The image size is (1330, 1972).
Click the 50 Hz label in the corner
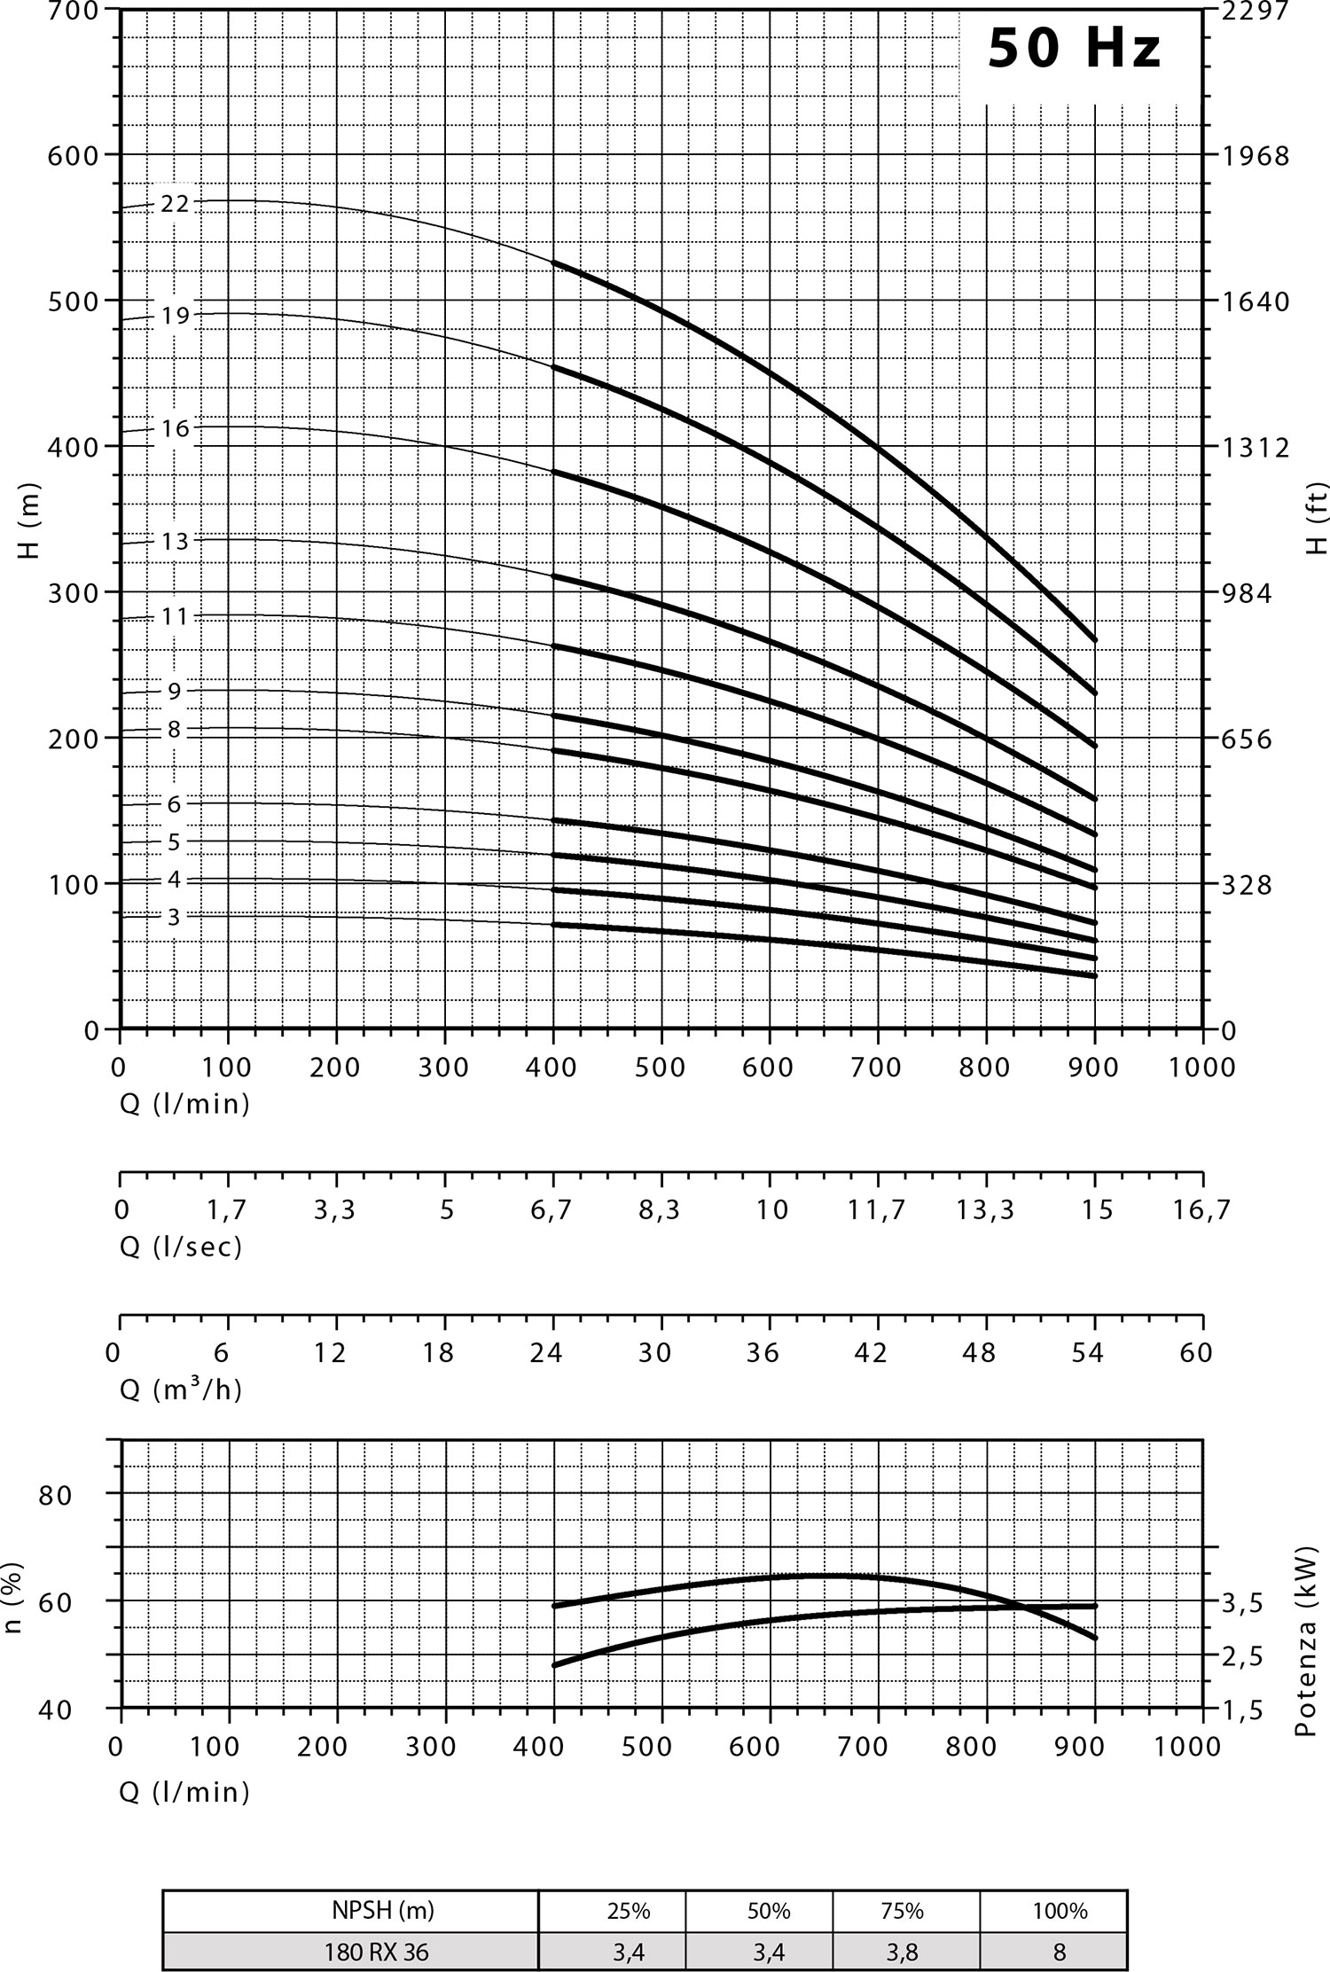point(1074,49)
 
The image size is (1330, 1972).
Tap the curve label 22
point(175,204)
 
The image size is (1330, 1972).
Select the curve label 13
point(175,541)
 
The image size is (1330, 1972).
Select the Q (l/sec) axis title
point(181,1247)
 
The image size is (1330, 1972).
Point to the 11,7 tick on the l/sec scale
point(877,1209)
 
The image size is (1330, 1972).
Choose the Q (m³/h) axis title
point(181,1389)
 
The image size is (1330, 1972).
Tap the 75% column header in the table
point(903,1911)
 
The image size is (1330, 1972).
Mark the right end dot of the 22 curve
point(1095,639)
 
